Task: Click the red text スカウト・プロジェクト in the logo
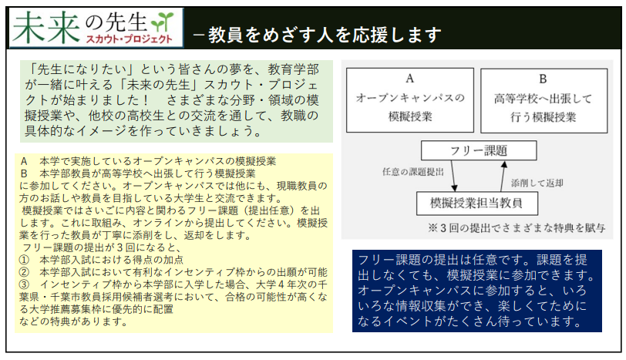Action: pyautogui.click(x=130, y=39)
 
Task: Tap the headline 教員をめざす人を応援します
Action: pyautogui.click(x=325, y=35)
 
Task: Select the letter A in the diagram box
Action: pyautogui.click(x=409, y=79)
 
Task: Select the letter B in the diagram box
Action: pyautogui.click(x=543, y=79)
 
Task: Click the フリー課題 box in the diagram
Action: pyautogui.click(x=479, y=150)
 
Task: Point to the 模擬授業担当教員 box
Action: pyautogui.click(x=476, y=204)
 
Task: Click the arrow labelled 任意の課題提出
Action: pyautogui.click(x=453, y=176)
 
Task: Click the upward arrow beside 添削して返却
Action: pyautogui.click(x=503, y=177)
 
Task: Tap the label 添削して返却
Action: pyautogui.click(x=537, y=183)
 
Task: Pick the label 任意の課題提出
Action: pyautogui.click(x=412, y=172)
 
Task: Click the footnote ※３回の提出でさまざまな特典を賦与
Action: pyautogui.click(x=517, y=228)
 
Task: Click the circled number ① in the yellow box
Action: pyautogui.click(x=25, y=260)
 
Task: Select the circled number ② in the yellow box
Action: pyautogui.click(x=25, y=272)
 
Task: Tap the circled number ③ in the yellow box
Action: pyautogui.click(x=25, y=284)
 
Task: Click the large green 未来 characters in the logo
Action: pyautogui.click(x=46, y=27)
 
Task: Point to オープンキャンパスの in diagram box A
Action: pyautogui.click(x=410, y=98)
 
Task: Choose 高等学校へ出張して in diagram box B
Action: pyautogui.click(x=543, y=98)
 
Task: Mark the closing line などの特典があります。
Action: pyautogui.click(x=74, y=321)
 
